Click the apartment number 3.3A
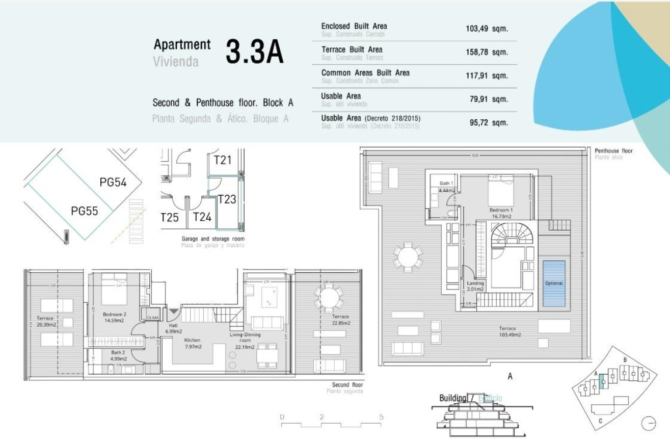click(x=254, y=52)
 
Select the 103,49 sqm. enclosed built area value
click(x=487, y=29)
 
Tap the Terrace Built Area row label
click(x=352, y=49)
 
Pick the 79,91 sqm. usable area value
click(x=488, y=99)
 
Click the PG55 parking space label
click(x=84, y=210)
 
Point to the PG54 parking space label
click(x=113, y=182)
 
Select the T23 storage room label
click(x=227, y=199)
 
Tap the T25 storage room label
click(x=170, y=218)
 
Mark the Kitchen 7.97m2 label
click(x=192, y=343)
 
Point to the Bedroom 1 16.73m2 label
click(x=501, y=213)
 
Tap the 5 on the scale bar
click(x=381, y=417)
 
